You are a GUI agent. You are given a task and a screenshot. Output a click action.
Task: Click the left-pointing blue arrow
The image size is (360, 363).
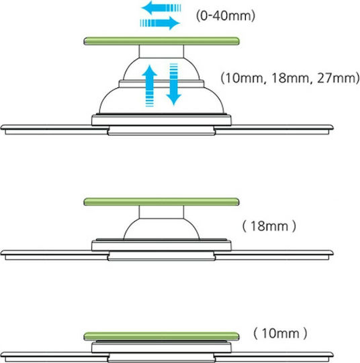pyautogui.click(x=161, y=8)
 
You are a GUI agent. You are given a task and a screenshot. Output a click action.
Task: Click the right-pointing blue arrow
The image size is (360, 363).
pyautogui.click(x=160, y=23)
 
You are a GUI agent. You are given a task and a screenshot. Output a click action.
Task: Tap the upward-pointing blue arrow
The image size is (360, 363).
pyautogui.click(x=150, y=86)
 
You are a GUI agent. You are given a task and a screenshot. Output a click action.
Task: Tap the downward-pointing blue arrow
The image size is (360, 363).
pyautogui.click(x=174, y=84)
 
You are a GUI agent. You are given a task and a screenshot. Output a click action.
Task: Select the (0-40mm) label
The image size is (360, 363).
pyautogui.click(x=226, y=16)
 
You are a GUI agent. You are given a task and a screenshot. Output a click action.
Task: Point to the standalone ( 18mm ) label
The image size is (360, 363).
pyautogui.click(x=269, y=226)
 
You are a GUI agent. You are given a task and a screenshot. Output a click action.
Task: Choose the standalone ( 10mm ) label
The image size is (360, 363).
pyautogui.click(x=280, y=333)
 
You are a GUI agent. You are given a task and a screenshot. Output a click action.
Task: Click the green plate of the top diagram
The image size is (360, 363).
pyautogui.click(x=161, y=41)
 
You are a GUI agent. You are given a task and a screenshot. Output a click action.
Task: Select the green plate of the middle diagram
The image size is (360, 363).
pyautogui.click(x=161, y=202)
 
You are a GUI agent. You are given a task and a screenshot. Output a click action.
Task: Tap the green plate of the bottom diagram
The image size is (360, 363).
pyautogui.click(x=161, y=336)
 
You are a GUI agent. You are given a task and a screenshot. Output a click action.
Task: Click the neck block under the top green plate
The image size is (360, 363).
pyautogui.click(x=161, y=51)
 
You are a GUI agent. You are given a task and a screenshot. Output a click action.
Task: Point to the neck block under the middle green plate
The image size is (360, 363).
pyautogui.click(x=161, y=212)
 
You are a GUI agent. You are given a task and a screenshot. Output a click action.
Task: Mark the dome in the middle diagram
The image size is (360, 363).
pyautogui.click(x=161, y=229)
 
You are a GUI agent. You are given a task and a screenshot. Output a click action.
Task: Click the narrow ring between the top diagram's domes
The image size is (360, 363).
pyautogui.click(x=161, y=83)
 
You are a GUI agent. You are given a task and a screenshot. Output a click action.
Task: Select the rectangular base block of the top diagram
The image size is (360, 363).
pyautogui.click(x=161, y=120)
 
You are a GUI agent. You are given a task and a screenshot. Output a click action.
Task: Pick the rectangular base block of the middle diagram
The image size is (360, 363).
pyautogui.click(x=161, y=245)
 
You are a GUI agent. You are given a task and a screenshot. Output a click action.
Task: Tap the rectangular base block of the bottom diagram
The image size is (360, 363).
pyautogui.click(x=161, y=348)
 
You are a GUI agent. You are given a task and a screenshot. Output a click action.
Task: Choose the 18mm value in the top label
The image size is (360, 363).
pyautogui.click(x=290, y=78)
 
